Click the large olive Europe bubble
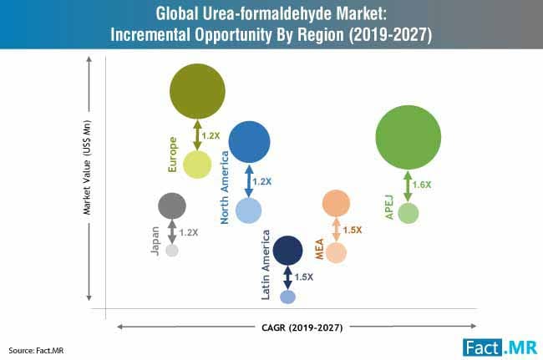[198, 91]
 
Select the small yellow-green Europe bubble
[197, 164]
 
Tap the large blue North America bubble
[249, 142]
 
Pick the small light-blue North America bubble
[249, 210]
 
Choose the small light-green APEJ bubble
[408, 213]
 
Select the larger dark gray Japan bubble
[172, 205]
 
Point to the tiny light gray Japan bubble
[172, 250]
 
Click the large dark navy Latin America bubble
[287, 249]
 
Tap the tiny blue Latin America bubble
[287, 297]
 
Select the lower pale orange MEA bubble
[336, 251]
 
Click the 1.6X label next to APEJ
[423, 184]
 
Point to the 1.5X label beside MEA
[353, 230]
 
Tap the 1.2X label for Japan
[189, 232]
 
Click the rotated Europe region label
[173, 155]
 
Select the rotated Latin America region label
[266, 266]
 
